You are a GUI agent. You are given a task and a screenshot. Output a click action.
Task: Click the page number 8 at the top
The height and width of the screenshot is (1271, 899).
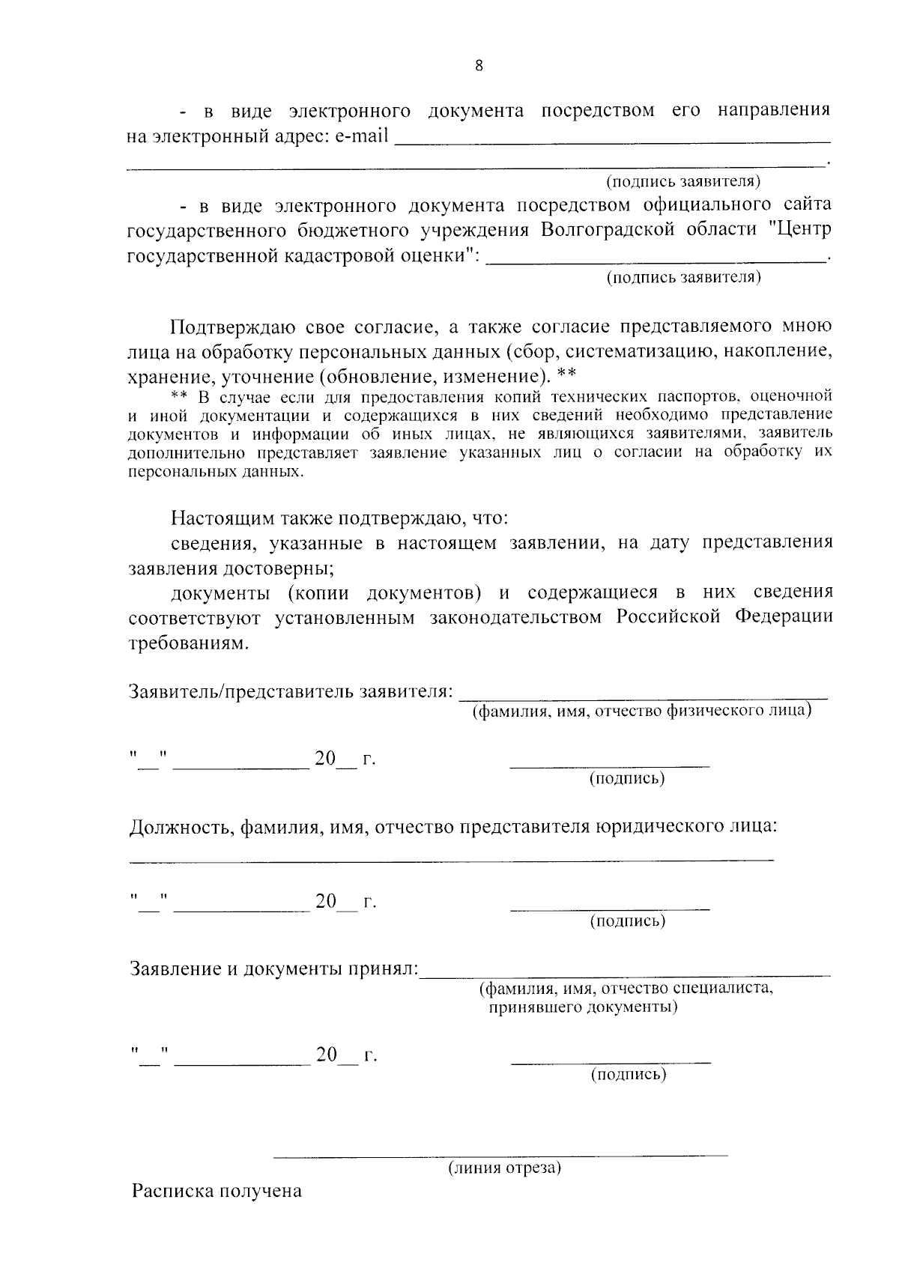[x=479, y=66]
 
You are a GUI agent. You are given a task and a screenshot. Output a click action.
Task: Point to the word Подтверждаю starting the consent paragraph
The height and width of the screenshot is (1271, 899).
[x=233, y=327]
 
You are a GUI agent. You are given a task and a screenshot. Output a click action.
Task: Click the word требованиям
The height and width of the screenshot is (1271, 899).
[x=187, y=643]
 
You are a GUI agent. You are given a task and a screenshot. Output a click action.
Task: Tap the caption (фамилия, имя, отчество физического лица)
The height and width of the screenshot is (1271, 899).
[x=641, y=711]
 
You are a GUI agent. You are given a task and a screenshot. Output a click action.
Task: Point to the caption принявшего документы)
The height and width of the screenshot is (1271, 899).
[x=583, y=1007]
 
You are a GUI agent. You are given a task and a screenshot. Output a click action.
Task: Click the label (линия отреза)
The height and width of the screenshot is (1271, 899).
[x=504, y=1168]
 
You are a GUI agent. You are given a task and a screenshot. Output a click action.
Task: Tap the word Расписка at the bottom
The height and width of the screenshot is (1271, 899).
[x=171, y=1191]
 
